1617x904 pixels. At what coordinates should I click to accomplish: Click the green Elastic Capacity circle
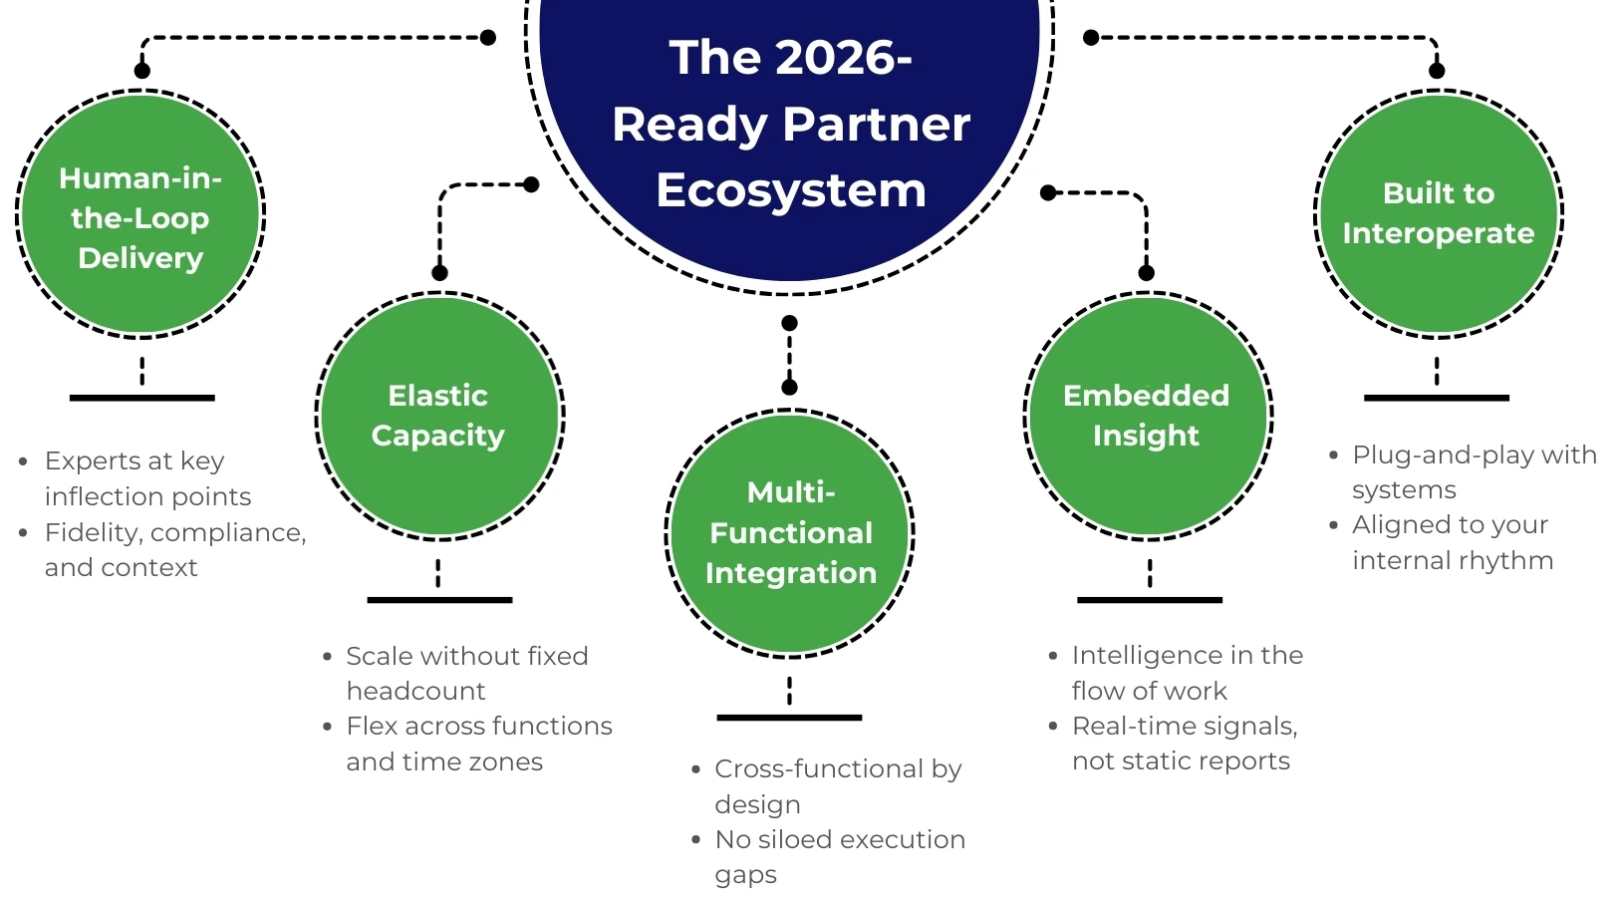click(439, 416)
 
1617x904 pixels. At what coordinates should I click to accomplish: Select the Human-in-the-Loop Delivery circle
click(140, 215)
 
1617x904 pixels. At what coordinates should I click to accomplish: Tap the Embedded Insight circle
click(1148, 416)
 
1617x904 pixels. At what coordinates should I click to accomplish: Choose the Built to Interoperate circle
click(1439, 213)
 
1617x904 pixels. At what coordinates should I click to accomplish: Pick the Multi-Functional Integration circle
click(790, 533)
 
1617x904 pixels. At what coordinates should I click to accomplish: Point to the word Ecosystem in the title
click(791, 190)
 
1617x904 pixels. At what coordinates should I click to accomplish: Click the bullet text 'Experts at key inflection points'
click(135, 478)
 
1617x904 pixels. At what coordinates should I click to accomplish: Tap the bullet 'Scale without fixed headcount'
click(466, 673)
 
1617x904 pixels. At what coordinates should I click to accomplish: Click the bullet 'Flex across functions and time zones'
click(478, 744)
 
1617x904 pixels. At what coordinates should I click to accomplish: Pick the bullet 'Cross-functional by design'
click(837, 786)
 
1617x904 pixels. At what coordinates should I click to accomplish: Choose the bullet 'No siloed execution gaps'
click(839, 857)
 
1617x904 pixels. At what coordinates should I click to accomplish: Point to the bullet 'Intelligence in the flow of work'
click(1187, 673)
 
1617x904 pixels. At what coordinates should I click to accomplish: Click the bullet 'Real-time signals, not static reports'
click(1184, 744)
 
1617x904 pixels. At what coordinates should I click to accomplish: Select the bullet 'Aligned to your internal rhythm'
click(1452, 542)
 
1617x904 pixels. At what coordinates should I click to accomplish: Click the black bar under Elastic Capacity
click(439, 600)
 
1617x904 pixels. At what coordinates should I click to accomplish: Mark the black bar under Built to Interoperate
click(1436, 398)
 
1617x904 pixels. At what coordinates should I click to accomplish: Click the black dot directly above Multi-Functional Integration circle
click(789, 387)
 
